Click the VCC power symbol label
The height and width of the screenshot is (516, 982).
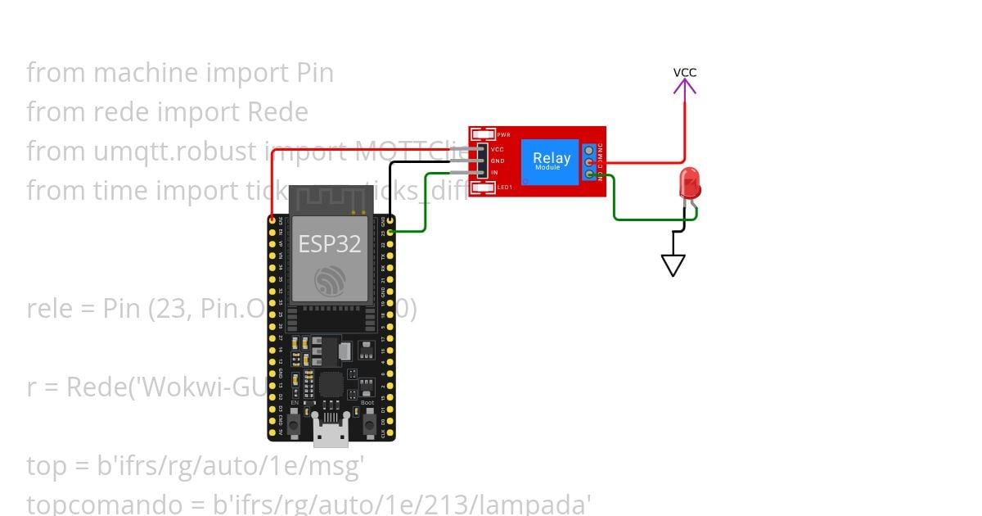(685, 73)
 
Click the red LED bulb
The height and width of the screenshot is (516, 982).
(690, 182)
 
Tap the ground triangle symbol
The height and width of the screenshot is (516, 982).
(673, 265)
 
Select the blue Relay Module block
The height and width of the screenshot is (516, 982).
(552, 161)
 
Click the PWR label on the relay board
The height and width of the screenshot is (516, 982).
(503, 134)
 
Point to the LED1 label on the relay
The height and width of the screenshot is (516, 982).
(504, 188)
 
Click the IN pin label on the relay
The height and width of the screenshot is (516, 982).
(494, 173)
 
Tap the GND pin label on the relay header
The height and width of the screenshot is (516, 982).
(497, 161)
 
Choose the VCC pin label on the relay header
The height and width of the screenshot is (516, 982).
(497, 150)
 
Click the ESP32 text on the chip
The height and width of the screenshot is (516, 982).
(330, 243)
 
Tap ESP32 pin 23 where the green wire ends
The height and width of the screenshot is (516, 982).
(390, 232)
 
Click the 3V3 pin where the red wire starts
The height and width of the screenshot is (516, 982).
(272, 220)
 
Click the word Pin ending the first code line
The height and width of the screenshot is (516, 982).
(314, 73)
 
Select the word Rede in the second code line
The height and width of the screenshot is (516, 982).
(279, 112)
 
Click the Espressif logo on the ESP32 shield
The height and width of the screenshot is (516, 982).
(331, 281)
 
